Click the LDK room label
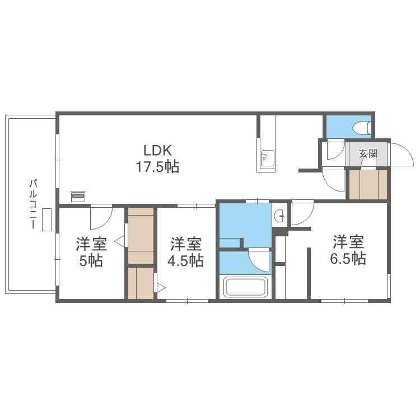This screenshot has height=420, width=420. click(x=157, y=151)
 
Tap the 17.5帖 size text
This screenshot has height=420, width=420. click(x=157, y=167)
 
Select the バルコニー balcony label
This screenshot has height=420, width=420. click(x=33, y=204)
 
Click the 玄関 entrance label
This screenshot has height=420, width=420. click(x=368, y=153)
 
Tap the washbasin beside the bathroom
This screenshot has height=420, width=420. click(x=280, y=216)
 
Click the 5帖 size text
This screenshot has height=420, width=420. click(x=91, y=260)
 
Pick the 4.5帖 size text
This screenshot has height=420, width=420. click(x=185, y=260)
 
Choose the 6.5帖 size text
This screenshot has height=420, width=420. click(x=348, y=259)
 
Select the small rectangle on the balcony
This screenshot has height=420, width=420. click(x=46, y=220)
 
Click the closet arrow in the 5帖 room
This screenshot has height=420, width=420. click(x=119, y=241)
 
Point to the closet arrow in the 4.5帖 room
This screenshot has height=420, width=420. click(x=161, y=287)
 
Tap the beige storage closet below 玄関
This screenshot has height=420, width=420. click(x=368, y=185)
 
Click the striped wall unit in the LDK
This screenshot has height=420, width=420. click(x=78, y=197)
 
